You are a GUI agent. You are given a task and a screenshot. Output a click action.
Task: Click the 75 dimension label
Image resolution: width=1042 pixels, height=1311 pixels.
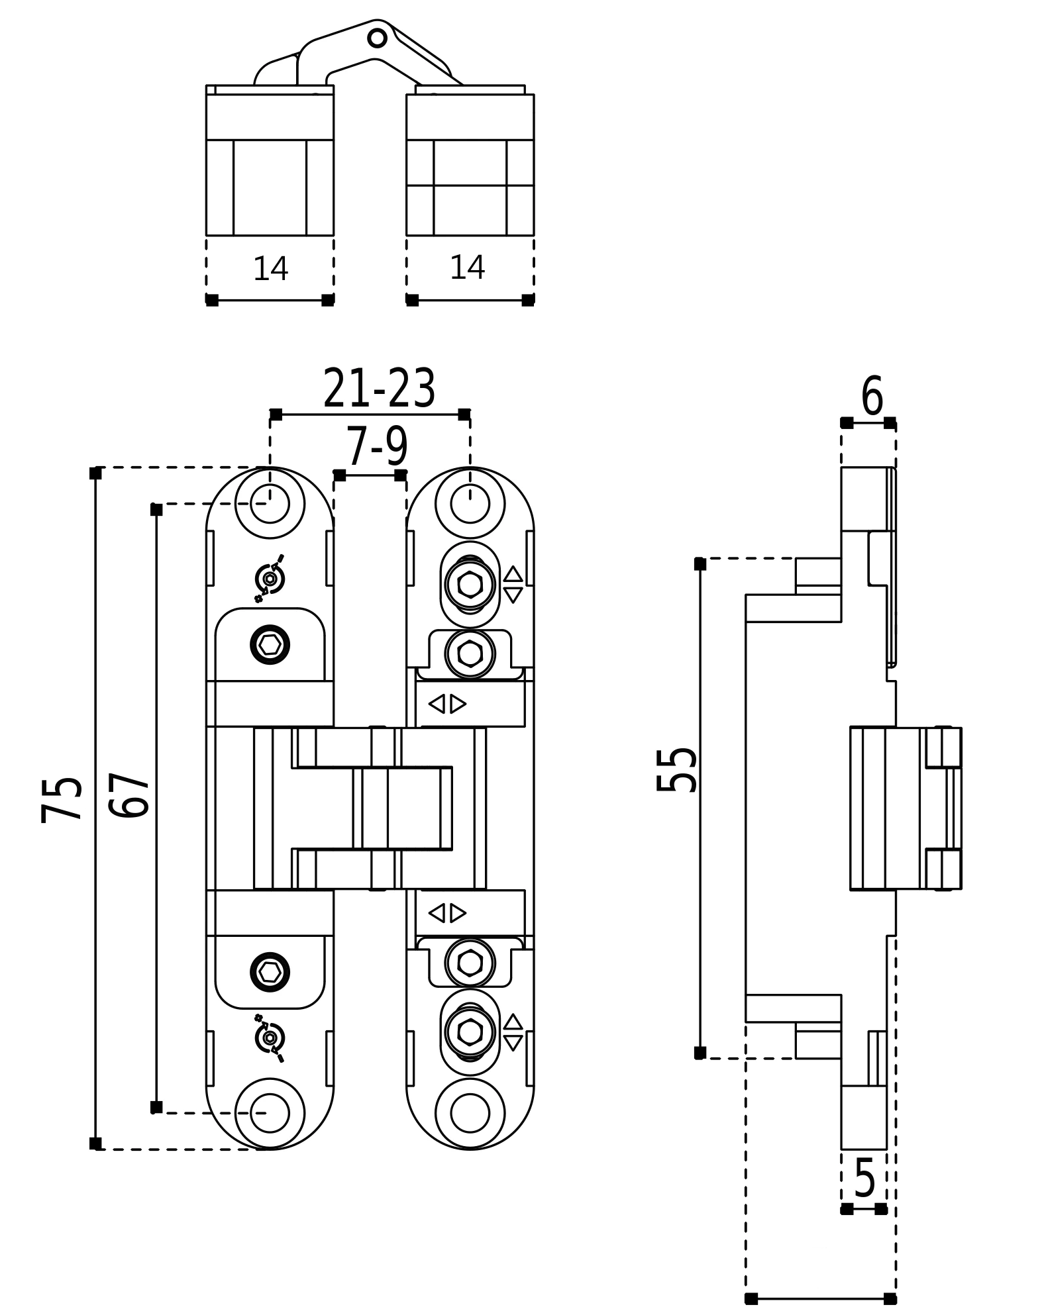(62, 800)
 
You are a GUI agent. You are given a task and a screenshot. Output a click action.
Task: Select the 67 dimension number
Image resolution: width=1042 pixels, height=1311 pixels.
(129, 795)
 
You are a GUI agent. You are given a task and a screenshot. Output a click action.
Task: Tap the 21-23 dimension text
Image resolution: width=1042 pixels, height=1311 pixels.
(379, 389)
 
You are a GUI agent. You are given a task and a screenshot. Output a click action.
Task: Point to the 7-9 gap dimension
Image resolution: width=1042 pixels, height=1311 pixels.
(376, 448)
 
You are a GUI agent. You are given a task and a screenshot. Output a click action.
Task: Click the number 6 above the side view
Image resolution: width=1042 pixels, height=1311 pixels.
(872, 396)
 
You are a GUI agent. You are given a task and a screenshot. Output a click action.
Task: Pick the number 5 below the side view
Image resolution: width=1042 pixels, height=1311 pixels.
(864, 1179)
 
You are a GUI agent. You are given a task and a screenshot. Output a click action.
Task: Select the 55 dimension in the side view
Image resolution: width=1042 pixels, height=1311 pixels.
(676, 769)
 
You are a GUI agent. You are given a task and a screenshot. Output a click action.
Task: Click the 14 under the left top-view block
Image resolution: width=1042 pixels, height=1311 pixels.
(270, 269)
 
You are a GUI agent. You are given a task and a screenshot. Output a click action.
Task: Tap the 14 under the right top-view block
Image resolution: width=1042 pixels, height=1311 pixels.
(467, 267)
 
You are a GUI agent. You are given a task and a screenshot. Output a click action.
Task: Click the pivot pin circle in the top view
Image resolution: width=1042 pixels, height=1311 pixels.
(377, 38)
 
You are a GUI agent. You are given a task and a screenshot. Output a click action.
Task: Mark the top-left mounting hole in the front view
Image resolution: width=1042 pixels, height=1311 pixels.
(270, 504)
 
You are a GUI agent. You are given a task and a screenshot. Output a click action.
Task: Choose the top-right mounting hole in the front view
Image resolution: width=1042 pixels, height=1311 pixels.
(470, 504)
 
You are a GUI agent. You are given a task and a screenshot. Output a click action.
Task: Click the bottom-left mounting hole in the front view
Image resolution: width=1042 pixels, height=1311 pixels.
(270, 1113)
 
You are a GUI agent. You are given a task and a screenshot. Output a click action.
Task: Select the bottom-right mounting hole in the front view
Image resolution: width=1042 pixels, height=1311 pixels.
(470, 1113)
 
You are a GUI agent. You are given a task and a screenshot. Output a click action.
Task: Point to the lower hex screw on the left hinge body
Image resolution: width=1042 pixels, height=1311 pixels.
(270, 972)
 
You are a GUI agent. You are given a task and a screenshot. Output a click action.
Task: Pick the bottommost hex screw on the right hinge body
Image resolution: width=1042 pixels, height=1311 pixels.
(470, 1032)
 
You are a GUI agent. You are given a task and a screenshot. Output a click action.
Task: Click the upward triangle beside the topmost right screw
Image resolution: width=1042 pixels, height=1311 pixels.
(513, 573)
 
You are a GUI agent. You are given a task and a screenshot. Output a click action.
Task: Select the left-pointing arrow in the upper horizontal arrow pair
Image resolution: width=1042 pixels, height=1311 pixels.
(437, 704)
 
